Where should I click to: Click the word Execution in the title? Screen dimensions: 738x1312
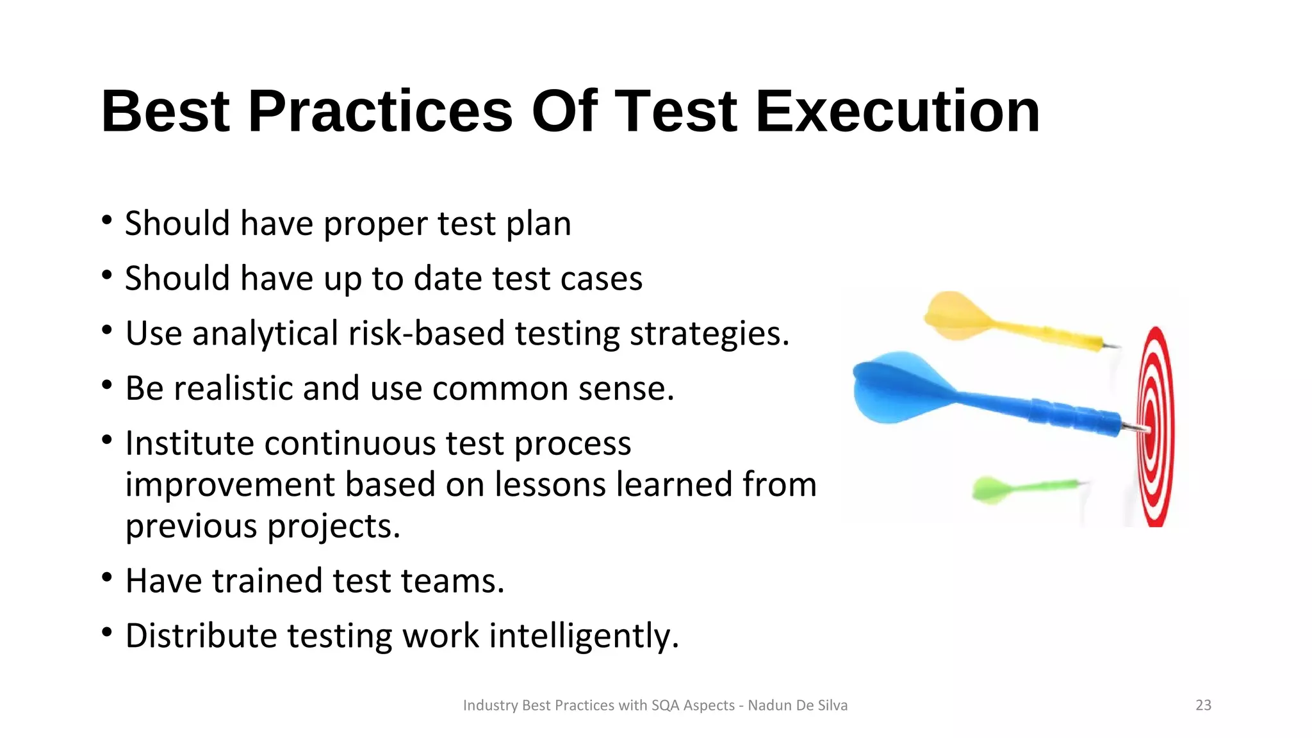(898, 112)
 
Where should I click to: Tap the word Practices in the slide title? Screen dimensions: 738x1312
(380, 112)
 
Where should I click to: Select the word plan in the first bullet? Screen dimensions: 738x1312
(538, 224)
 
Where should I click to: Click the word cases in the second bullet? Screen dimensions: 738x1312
(601, 279)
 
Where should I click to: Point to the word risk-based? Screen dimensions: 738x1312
(427, 334)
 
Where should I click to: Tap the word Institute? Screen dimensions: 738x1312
(190, 443)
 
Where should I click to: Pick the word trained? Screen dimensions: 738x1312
(267, 581)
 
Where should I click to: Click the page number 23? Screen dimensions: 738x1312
(1203, 705)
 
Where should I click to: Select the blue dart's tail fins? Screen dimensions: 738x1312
(897, 388)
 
